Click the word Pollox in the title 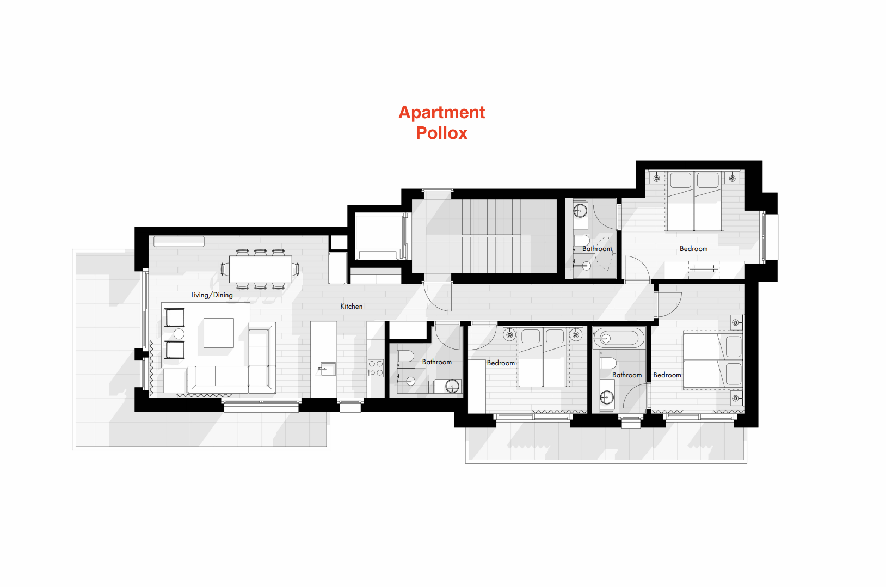(441, 133)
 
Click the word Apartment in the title (441, 112)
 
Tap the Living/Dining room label (212, 295)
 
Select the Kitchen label (351, 307)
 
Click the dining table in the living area (260, 268)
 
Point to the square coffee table (219, 333)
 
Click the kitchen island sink (327, 369)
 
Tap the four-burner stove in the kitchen (376, 368)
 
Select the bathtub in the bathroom (618, 338)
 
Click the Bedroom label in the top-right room (693, 249)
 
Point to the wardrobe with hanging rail (704, 269)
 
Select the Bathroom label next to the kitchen (436, 362)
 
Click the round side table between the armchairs (179, 334)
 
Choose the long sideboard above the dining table (179, 241)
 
